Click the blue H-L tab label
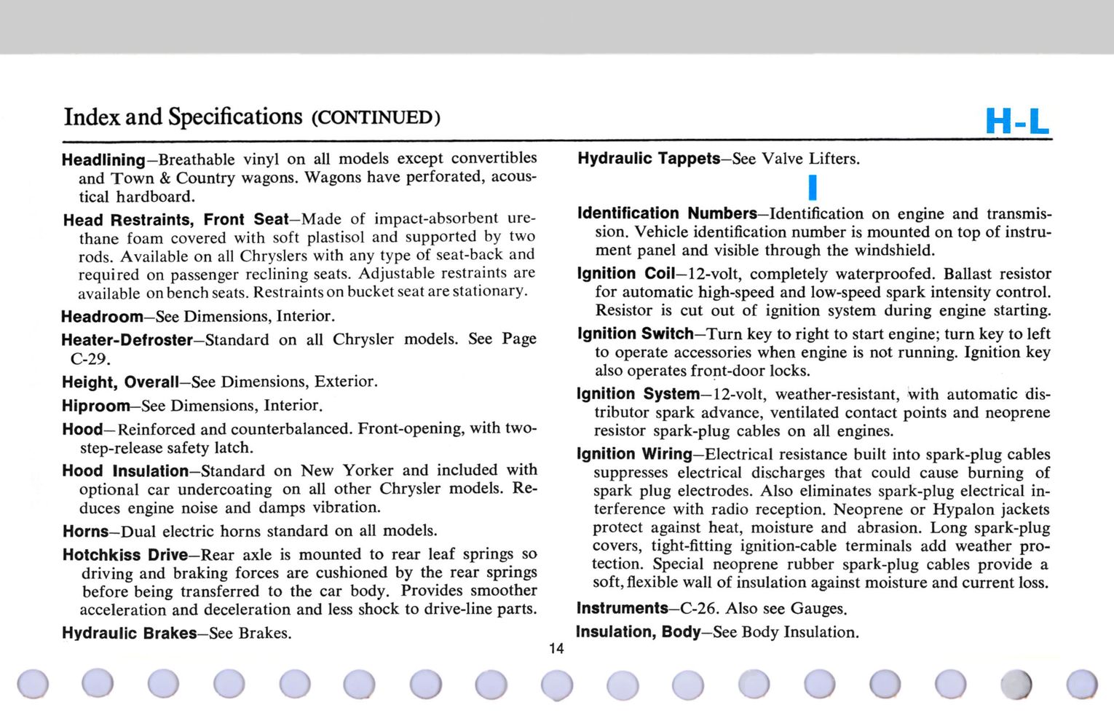[1017, 121]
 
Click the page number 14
[556, 648]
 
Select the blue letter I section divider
[813, 187]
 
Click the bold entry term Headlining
[103, 159]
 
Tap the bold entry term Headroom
[103, 317]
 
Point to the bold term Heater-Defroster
[127, 340]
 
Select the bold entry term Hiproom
[95, 406]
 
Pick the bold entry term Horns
[85, 531]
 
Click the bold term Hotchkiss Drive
[125, 555]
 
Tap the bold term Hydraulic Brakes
[129, 633]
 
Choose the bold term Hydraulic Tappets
[649, 158]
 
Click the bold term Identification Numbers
[667, 213]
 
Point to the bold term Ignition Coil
[626, 273]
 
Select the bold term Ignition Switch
[635, 334]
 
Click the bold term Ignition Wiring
[634, 454]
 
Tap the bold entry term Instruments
[622, 608]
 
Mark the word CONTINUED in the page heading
[375, 118]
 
